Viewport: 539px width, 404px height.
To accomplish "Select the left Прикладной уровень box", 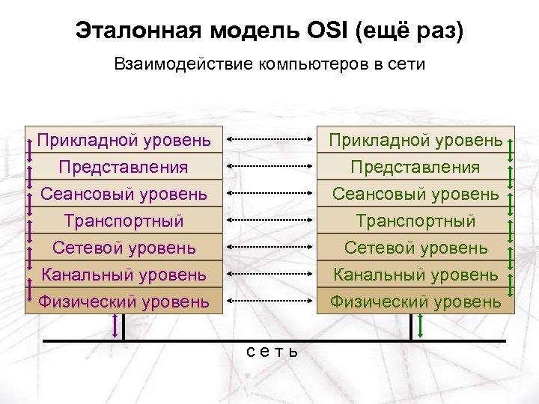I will pos(124,140).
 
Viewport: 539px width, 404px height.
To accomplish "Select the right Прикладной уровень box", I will pos(416,140).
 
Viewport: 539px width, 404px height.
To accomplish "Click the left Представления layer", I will pos(124,167).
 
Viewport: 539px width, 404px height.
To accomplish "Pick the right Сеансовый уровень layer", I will pos(416,194).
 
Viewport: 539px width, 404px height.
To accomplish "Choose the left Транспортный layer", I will pos(124,221).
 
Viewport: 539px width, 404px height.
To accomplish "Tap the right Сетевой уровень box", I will pos(416,247).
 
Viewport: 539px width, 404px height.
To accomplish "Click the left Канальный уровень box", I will pos(124,275).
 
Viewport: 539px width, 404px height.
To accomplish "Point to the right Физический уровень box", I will pos(416,302).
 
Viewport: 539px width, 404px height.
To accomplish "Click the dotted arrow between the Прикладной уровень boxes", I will pos(269,139).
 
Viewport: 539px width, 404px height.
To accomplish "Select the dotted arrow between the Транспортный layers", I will pos(269,220).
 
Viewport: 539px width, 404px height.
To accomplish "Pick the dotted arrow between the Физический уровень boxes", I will pos(269,301).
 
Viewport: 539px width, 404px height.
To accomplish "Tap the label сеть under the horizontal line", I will pos(272,351).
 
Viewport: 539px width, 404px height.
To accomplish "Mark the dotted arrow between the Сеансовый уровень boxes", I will pos(269,193).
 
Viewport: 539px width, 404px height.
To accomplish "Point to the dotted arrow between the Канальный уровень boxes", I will pos(269,274).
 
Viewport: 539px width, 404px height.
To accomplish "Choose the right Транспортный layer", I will pos(416,221).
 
